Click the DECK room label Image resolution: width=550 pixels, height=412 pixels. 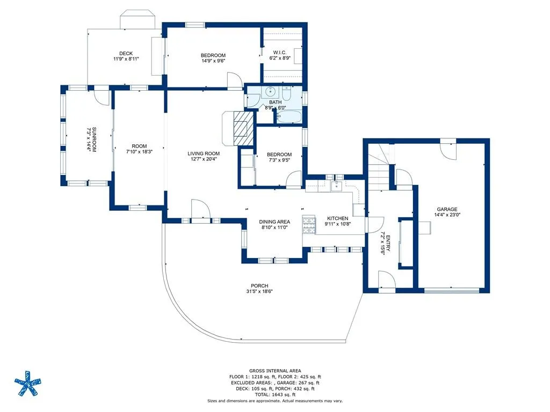[126, 54]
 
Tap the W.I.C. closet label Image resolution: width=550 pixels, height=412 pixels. [279, 53]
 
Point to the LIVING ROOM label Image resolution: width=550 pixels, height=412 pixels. [204, 153]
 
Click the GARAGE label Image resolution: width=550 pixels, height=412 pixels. [447, 210]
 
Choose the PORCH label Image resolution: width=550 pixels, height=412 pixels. [259, 286]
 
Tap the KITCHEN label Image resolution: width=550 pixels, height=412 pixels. [337, 218]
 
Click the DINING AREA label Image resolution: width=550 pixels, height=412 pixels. [274, 222]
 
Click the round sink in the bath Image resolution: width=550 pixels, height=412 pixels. [270, 92]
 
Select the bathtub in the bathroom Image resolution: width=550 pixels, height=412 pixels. [288, 116]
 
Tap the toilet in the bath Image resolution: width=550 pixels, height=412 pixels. [287, 93]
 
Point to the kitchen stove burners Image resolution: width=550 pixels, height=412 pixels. [309, 225]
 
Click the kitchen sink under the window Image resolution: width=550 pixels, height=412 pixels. [336, 186]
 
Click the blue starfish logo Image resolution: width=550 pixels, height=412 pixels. [28, 383]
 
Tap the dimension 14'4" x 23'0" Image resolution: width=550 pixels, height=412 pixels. [447, 215]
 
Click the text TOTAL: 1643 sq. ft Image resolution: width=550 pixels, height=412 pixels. [275, 394]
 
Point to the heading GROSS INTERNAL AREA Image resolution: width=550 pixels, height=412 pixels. [275, 371]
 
